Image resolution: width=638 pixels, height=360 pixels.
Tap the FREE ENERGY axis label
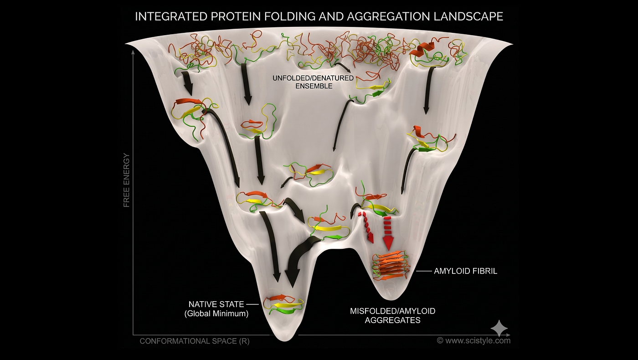coord(127,180)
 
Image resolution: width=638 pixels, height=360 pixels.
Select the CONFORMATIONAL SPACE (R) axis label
coord(195,341)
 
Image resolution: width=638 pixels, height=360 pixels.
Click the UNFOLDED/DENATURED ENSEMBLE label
coord(313,82)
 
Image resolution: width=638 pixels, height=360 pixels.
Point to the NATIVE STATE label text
coord(216,304)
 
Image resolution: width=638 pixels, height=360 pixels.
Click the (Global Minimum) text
coord(216,314)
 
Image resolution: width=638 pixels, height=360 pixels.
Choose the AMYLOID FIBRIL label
coord(465,271)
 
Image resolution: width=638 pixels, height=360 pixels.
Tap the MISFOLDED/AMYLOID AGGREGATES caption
coord(392,315)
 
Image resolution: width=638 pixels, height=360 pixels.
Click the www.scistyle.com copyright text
coord(473,340)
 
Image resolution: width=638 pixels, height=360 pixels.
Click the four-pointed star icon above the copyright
coord(499,328)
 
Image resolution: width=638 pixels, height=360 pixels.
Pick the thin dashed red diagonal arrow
coord(365,227)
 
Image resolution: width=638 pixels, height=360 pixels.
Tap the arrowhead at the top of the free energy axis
coord(133,52)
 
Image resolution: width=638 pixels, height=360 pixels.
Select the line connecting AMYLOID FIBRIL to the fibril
coord(424,272)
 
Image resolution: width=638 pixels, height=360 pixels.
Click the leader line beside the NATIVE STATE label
coord(252,304)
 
